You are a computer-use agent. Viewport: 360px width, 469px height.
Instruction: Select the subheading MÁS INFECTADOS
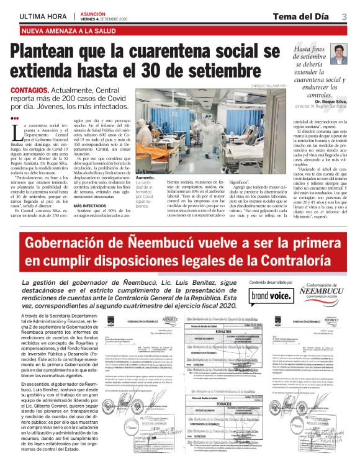[92, 206]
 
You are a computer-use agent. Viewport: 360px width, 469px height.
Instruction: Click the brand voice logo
[271, 295]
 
